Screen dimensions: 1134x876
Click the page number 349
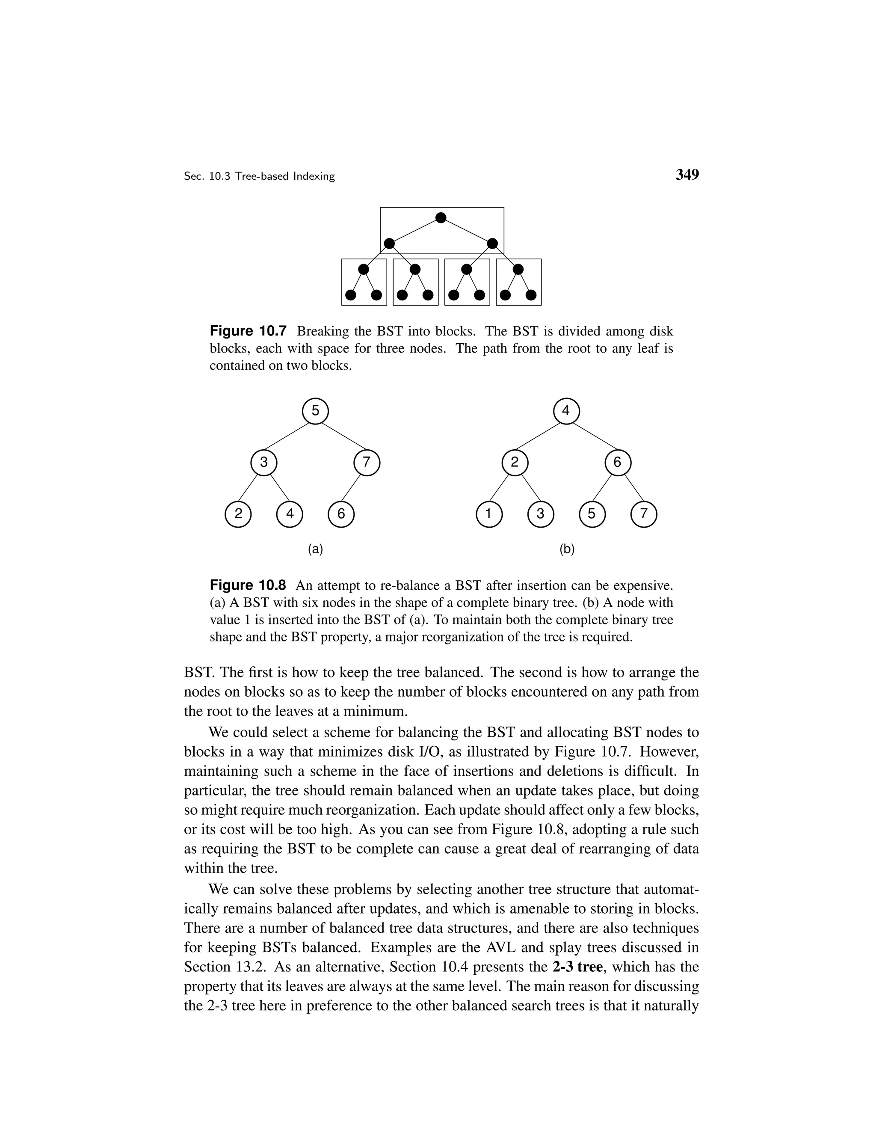[687, 175]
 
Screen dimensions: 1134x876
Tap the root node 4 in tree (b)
[566, 411]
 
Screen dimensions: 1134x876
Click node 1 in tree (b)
[489, 514]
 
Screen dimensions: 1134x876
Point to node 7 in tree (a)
[367, 462]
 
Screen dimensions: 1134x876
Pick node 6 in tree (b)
[618, 462]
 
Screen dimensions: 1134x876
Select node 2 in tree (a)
[238, 514]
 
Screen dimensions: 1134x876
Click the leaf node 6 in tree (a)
[341, 514]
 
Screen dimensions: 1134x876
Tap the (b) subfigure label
[567, 549]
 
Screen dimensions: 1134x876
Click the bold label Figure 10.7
[248, 331]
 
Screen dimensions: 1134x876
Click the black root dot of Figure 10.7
[441, 217]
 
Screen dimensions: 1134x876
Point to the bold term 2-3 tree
[579, 967]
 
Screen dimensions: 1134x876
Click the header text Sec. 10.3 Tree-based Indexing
[260, 177]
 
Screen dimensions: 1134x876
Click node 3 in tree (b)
[540, 514]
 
